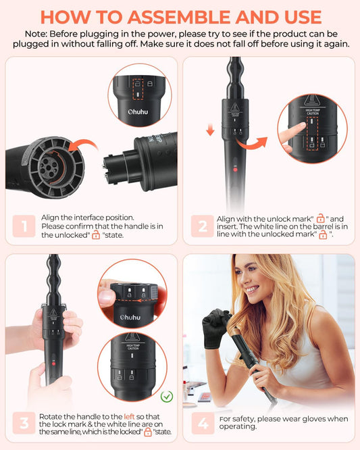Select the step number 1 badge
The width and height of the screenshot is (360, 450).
pyautogui.click(x=24, y=226)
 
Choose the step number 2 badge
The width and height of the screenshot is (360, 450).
pyautogui.click(x=202, y=226)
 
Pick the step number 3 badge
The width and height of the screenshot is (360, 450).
pyautogui.click(x=24, y=424)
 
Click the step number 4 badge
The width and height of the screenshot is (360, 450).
pyautogui.click(x=202, y=424)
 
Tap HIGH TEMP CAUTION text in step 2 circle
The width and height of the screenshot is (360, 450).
pyautogui.click(x=311, y=112)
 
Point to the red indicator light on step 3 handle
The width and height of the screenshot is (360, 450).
pyautogui.click(x=52, y=364)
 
